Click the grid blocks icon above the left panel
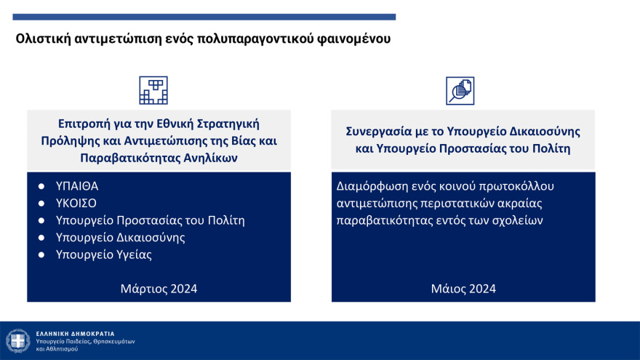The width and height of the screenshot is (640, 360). (x=153, y=90)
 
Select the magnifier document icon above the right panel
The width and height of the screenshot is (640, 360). (x=460, y=91)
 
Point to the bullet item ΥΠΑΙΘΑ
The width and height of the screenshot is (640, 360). (x=76, y=185)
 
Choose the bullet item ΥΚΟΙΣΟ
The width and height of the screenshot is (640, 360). (x=76, y=203)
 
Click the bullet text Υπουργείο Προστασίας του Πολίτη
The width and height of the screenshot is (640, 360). (x=151, y=220)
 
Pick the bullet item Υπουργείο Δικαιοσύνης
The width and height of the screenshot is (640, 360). (x=121, y=238)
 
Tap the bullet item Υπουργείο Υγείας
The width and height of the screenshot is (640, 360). (x=104, y=255)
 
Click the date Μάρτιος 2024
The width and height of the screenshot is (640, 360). (x=159, y=289)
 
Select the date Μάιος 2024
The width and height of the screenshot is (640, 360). (x=463, y=289)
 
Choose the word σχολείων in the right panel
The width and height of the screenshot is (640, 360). (x=519, y=220)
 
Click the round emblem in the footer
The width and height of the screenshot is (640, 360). (x=17, y=340)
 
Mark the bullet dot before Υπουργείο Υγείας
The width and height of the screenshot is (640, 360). (x=41, y=255)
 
